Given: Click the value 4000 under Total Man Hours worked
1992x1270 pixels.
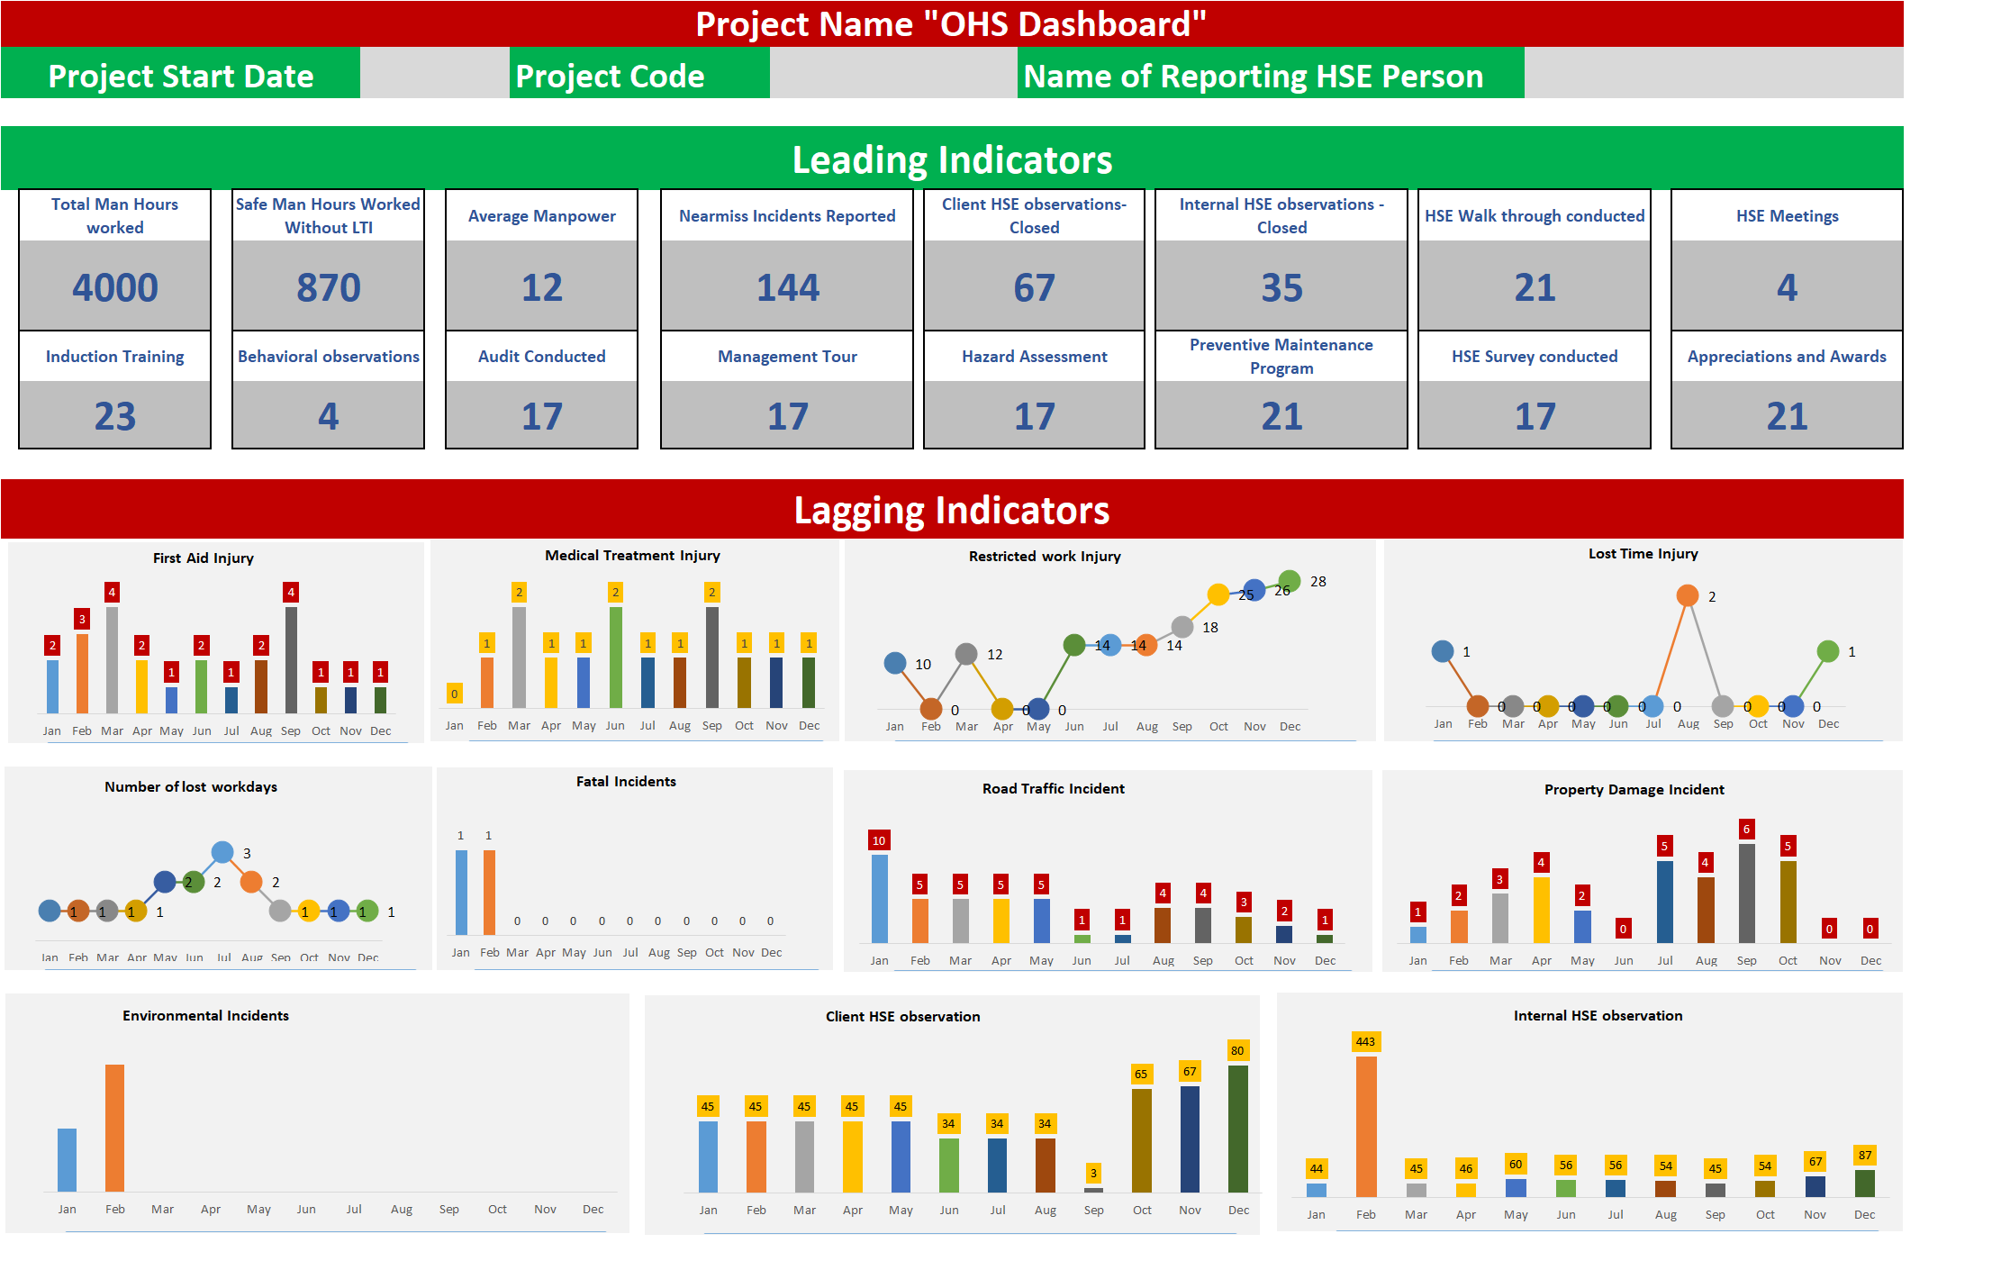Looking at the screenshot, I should point(115,288).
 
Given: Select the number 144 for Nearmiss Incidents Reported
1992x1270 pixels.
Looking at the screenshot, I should point(787,288).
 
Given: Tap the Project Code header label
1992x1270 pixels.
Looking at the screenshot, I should point(610,77).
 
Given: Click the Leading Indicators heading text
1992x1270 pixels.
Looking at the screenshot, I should point(952,160).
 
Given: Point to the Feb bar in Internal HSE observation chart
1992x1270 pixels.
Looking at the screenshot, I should point(1366,1126).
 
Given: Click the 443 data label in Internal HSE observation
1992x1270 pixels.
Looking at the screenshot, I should point(1365,1042).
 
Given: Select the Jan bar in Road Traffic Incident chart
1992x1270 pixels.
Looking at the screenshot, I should point(879,899).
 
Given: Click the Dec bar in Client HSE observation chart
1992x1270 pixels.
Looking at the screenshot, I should point(1238,1129).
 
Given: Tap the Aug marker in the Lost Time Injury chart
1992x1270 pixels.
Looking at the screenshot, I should point(1688,595).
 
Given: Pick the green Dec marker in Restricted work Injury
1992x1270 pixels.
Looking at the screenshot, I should point(1289,580).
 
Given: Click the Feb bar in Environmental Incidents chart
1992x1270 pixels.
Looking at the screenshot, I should point(114,1128).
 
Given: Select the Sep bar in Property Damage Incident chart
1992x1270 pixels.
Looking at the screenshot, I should point(1746,893).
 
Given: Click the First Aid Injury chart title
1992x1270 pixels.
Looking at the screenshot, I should point(204,558).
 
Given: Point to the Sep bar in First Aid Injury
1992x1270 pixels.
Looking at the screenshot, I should point(291,659).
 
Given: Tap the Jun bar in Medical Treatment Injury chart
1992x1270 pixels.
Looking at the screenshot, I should point(615,657).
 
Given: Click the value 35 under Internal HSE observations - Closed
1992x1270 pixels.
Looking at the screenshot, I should point(1281,288).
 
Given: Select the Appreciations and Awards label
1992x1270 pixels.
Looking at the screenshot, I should point(1787,357).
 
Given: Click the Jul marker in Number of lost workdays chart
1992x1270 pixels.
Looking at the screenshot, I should point(222,852).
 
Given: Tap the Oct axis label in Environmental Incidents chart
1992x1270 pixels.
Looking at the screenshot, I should point(497,1210).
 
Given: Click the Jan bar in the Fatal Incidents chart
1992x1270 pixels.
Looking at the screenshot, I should point(461,892).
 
